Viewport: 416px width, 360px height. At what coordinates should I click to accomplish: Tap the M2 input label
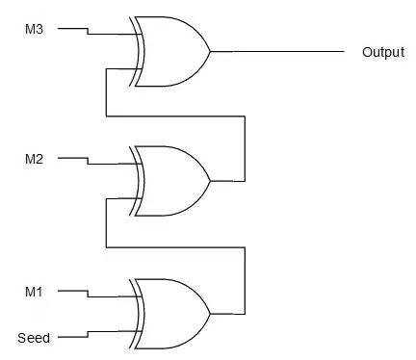point(34,159)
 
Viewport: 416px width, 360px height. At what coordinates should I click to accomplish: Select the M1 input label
point(34,291)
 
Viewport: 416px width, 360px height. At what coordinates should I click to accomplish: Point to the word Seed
point(33,338)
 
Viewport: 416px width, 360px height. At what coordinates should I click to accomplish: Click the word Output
point(382,52)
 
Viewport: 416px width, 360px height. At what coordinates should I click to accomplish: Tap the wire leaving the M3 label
point(73,28)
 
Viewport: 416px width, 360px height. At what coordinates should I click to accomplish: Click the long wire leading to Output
point(279,51)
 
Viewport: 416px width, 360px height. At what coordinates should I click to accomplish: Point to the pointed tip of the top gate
point(209,51)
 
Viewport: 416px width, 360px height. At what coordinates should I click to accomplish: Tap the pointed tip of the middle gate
point(209,181)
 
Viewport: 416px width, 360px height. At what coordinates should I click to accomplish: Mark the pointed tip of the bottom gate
point(209,312)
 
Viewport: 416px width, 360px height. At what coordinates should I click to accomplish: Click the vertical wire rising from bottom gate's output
point(247,279)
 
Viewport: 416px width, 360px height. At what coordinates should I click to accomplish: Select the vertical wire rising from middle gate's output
point(247,149)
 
